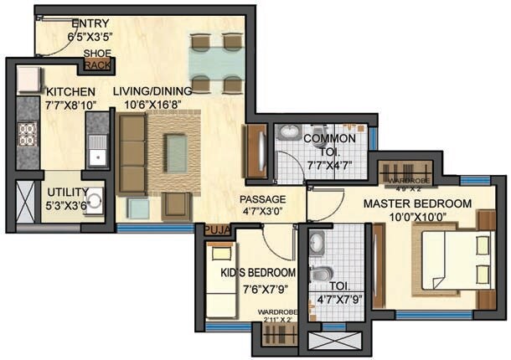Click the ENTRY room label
(90, 23)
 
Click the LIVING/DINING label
(157, 90)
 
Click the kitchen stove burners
(28, 133)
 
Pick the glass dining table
(217, 64)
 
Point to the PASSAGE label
(262, 199)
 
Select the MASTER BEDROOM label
(416, 203)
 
